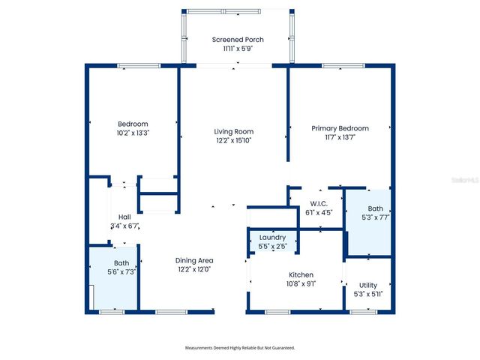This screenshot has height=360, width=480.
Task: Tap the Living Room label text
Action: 234,132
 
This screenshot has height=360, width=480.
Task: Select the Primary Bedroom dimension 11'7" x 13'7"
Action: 340,137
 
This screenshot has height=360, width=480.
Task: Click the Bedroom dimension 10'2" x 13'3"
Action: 133,133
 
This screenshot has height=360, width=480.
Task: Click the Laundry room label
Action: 271,237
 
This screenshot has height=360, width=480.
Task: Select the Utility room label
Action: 367,285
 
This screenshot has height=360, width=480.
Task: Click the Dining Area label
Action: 194,260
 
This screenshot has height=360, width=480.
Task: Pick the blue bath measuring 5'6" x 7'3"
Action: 113,277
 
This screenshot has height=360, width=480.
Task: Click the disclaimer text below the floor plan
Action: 240,348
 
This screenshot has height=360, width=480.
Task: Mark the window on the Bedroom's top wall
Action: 139,66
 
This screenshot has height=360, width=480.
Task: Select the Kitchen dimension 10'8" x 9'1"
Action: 301,283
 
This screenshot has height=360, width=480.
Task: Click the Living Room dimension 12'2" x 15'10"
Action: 234,140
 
